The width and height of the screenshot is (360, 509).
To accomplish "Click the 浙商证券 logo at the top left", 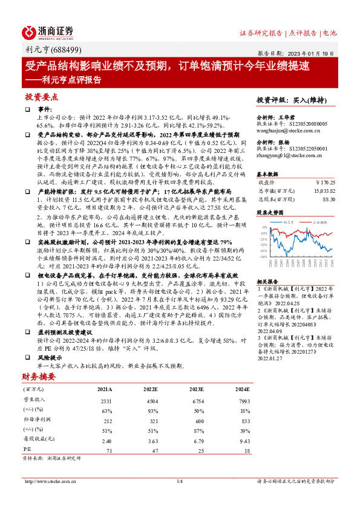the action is pos(48,31).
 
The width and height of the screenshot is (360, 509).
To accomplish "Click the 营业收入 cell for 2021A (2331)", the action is pos(105,401).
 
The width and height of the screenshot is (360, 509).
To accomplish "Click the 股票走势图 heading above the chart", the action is pos(269,212).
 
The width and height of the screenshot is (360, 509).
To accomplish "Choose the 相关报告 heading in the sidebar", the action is pos(267,282).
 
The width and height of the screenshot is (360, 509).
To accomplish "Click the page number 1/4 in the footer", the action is pos(179,481).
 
